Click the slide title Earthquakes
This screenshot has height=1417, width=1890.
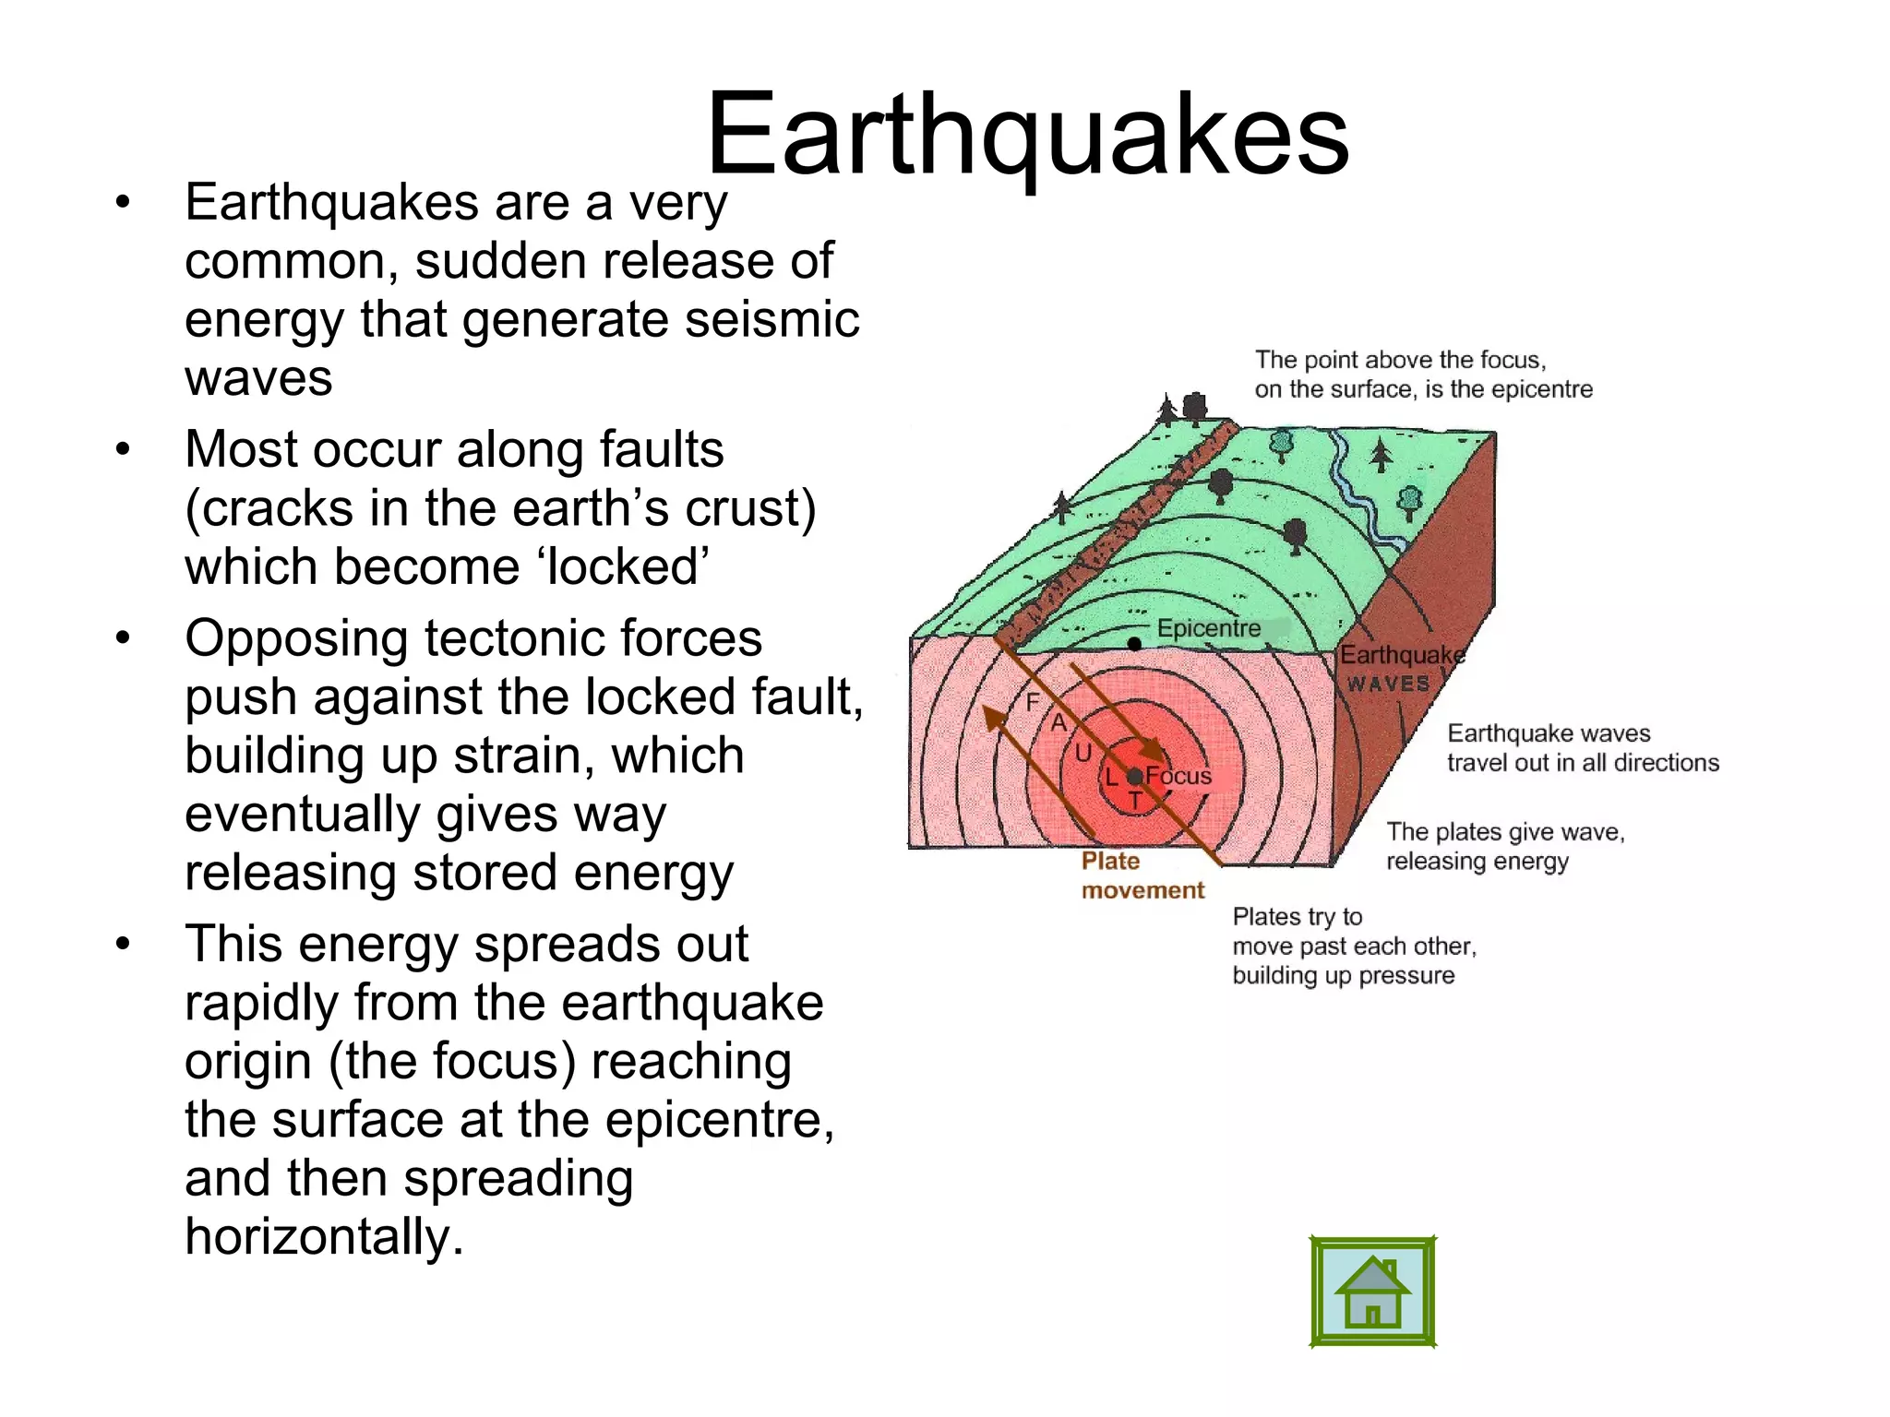pos(1027,136)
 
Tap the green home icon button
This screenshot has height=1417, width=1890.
pos(1372,1292)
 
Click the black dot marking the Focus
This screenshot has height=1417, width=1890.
pos(1135,777)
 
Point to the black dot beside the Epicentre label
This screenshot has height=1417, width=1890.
pos(1134,644)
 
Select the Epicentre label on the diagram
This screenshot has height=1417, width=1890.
pos(1208,628)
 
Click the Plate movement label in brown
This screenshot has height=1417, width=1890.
pos(1141,875)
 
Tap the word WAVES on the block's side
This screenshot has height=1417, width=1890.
pos(1388,684)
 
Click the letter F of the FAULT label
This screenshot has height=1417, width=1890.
pos(1033,702)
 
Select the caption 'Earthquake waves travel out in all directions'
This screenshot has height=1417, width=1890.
pos(1582,747)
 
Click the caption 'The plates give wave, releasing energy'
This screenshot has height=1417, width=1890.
pos(1504,846)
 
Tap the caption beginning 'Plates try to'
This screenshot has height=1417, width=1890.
pos(1354,946)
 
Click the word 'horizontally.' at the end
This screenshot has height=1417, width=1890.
pos(324,1236)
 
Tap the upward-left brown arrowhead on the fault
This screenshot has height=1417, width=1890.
pos(993,719)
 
